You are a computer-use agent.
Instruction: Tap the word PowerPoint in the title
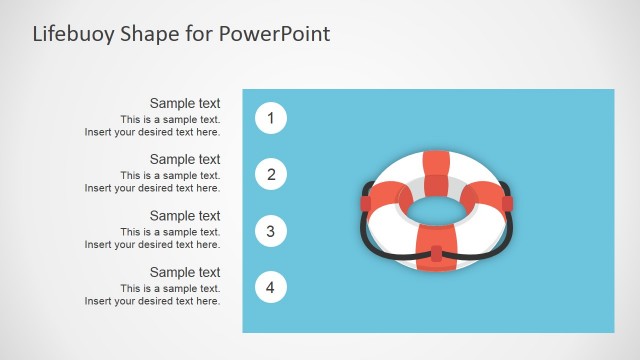point(274,33)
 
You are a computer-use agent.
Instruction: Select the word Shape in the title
point(149,35)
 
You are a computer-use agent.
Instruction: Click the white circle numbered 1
point(271,118)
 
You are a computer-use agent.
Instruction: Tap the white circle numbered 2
point(271,174)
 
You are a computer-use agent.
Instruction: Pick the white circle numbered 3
point(271,231)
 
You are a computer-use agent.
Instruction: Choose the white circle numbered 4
point(271,287)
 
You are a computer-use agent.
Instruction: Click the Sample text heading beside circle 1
point(185,103)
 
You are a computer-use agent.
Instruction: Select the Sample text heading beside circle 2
point(185,159)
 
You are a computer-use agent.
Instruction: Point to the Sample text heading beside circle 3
point(185,216)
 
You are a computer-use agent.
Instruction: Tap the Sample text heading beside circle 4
point(185,272)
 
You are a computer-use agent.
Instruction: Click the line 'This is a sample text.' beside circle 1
point(170,120)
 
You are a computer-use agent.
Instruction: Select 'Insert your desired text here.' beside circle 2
point(152,188)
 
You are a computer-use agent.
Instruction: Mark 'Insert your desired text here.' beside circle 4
point(152,301)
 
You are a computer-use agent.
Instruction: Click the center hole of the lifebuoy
point(436,211)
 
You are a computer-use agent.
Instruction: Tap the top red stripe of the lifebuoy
point(436,173)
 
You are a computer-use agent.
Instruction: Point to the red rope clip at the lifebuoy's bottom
point(436,253)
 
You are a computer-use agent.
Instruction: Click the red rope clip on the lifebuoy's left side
point(366,203)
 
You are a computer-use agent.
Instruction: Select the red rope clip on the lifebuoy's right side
point(507,203)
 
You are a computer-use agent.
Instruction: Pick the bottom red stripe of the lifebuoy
point(436,247)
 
